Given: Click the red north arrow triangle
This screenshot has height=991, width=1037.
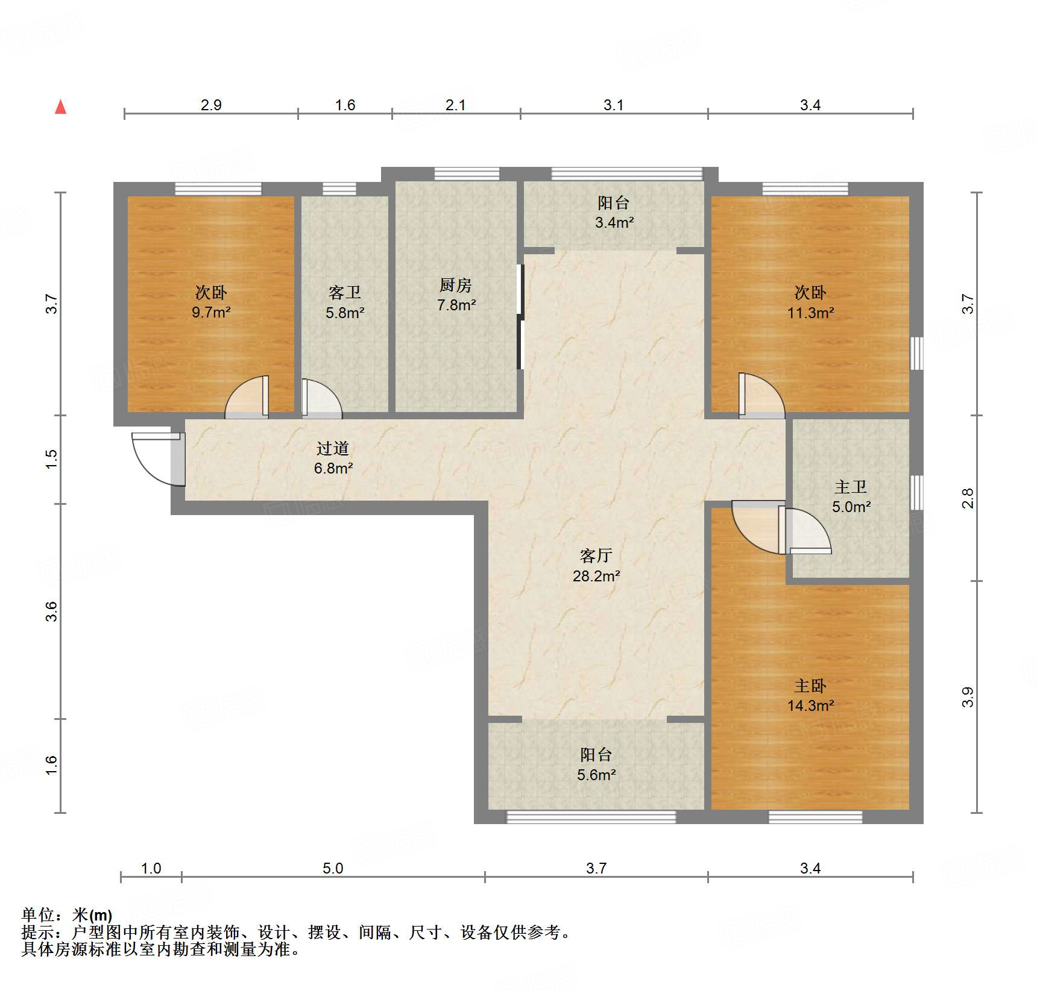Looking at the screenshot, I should click(x=60, y=107).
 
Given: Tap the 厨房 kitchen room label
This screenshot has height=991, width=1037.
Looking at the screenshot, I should click(x=456, y=295).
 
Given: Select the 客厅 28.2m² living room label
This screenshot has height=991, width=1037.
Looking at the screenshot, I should click(x=596, y=565).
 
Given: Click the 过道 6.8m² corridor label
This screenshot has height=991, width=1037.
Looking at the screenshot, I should click(x=333, y=457).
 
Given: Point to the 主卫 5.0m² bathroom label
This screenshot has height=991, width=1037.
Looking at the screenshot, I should click(x=851, y=496).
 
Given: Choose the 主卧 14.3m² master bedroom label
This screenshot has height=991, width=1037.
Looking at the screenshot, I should click(x=810, y=695).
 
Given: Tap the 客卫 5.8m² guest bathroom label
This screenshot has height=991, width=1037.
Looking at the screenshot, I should click(x=345, y=302).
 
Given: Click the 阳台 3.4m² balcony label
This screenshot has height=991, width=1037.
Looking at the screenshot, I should click(x=614, y=212).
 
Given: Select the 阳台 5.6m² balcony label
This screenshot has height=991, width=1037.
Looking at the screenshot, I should click(x=596, y=764).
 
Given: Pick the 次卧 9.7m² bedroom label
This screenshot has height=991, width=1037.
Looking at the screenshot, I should click(x=211, y=302).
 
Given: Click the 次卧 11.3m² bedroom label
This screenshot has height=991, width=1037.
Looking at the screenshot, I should click(x=810, y=302).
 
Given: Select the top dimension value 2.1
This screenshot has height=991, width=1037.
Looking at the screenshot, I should click(x=455, y=105).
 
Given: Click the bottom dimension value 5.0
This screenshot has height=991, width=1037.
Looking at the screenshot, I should click(x=332, y=868).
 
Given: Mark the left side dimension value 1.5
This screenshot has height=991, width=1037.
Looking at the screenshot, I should click(x=52, y=459).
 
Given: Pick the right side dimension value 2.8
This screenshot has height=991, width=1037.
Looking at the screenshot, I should click(x=967, y=498).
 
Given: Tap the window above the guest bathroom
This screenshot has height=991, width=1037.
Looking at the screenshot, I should click(x=339, y=189).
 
